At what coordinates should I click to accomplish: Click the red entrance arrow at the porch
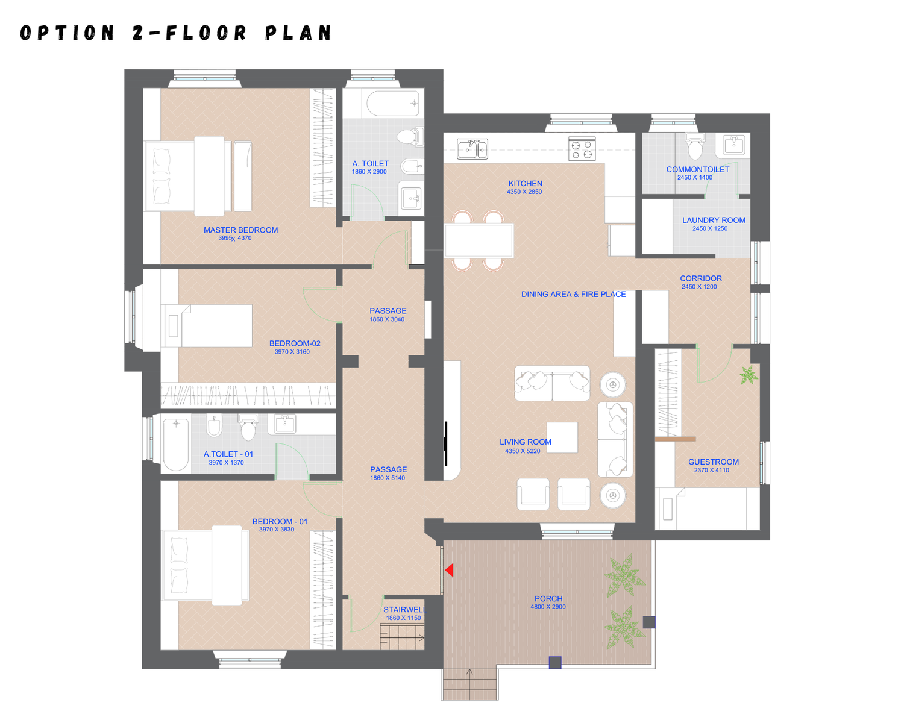click(x=450, y=570)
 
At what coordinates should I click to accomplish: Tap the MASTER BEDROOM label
click(x=240, y=230)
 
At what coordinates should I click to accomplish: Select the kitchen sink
click(x=472, y=149)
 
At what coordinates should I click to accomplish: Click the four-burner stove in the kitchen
click(x=582, y=149)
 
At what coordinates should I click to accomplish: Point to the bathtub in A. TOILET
click(x=393, y=104)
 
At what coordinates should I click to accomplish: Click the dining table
click(x=479, y=240)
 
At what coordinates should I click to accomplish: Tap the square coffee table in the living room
click(x=562, y=438)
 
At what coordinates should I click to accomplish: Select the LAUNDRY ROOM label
click(x=714, y=220)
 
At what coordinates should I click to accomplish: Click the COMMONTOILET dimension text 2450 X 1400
click(x=695, y=178)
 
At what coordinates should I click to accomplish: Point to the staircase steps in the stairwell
click(x=402, y=637)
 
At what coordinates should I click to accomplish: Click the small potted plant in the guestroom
click(x=749, y=375)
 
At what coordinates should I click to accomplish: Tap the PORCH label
click(x=548, y=599)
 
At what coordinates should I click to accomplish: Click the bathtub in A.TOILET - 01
click(x=176, y=445)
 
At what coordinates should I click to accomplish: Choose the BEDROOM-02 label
click(x=295, y=343)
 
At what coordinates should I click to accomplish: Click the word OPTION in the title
click(x=67, y=33)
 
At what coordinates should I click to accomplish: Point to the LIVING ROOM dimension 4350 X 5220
click(x=523, y=451)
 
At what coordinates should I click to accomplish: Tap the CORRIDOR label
click(x=701, y=278)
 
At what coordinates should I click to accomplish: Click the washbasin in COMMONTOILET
click(x=734, y=145)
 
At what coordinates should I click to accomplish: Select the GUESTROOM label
click(x=714, y=462)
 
